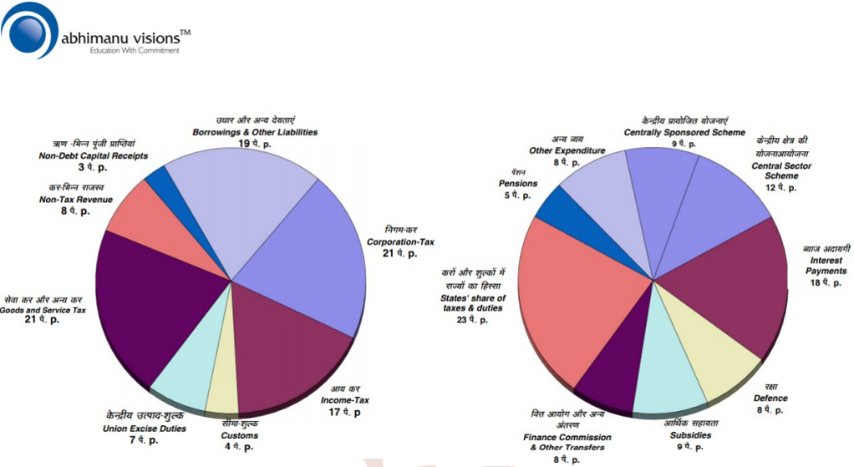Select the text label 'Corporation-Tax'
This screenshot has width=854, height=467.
coord(401,241)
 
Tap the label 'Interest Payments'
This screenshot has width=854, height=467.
coord(828,266)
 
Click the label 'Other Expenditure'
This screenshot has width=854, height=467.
coord(567,150)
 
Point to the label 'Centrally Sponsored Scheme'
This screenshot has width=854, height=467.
coord(684,132)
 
